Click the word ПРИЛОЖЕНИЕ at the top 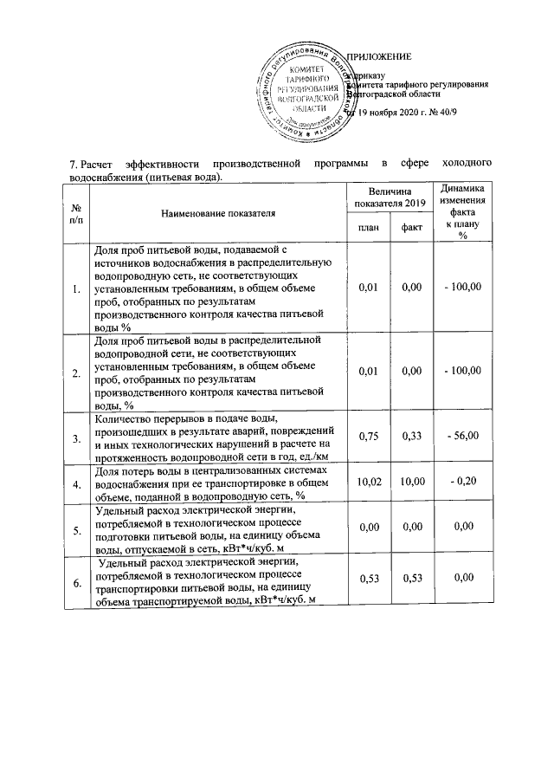point(379,57)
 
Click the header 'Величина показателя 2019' point(390,197)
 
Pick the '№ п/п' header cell point(76,214)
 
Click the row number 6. point(76,585)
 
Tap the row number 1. point(76,288)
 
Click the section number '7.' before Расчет point(74,163)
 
